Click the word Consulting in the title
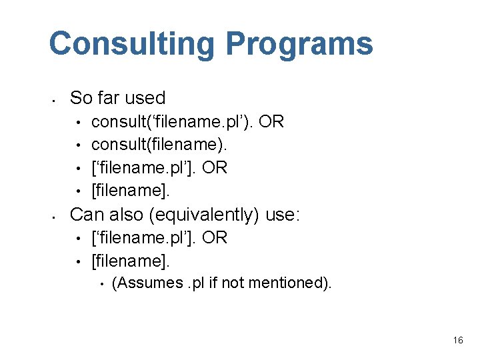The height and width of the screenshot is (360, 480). click(x=132, y=44)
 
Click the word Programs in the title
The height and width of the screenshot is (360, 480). click(x=299, y=44)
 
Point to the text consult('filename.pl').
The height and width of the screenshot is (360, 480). click(x=172, y=122)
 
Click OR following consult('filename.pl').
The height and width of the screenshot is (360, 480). click(x=271, y=122)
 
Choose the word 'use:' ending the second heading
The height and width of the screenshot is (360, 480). click(x=283, y=214)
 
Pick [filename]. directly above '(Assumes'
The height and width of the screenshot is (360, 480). click(x=131, y=260)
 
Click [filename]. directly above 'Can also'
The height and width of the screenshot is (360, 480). click(x=131, y=191)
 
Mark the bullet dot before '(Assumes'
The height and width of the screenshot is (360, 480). click(x=101, y=284)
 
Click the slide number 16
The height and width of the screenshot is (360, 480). click(x=457, y=341)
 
